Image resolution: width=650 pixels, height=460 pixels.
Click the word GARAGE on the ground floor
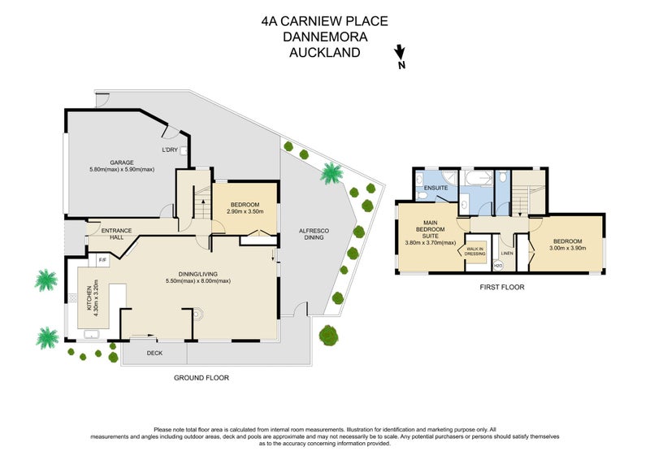123,162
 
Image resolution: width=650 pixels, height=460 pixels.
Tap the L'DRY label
169,150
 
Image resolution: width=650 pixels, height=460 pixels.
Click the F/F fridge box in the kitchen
103,260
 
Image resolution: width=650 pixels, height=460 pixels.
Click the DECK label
154,354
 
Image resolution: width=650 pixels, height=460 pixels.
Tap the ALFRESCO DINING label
315,234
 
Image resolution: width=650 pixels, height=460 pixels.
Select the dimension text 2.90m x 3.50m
245,212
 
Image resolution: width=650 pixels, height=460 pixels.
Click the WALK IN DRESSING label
474,251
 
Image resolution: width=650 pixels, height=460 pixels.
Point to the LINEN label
505,253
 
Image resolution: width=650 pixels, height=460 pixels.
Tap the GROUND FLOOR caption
201,378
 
